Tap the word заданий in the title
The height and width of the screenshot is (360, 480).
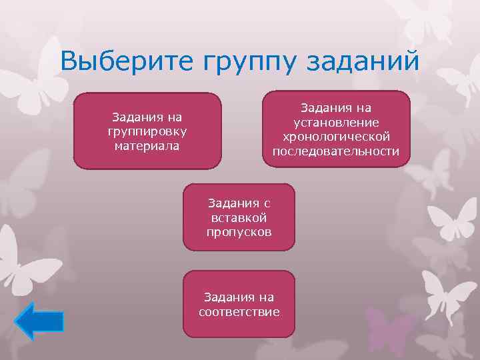point(363,62)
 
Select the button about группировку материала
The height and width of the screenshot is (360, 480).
point(147,131)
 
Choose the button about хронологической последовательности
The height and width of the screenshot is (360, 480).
point(335,129)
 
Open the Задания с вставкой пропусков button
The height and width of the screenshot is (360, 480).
point(239,217)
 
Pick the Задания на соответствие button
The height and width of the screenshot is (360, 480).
point(239,304)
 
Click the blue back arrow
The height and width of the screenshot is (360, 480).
point(39,321)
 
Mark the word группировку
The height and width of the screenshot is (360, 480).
point(147,131)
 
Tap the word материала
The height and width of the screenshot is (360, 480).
point(147,145)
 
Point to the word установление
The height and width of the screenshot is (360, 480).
point(336,122)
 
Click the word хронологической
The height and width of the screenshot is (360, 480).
point(336,137)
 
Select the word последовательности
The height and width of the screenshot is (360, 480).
point(336,151)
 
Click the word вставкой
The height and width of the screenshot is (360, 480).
point(239,217)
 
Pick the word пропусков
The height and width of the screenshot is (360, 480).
point(239,231)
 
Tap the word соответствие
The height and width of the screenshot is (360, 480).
point(239,311)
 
